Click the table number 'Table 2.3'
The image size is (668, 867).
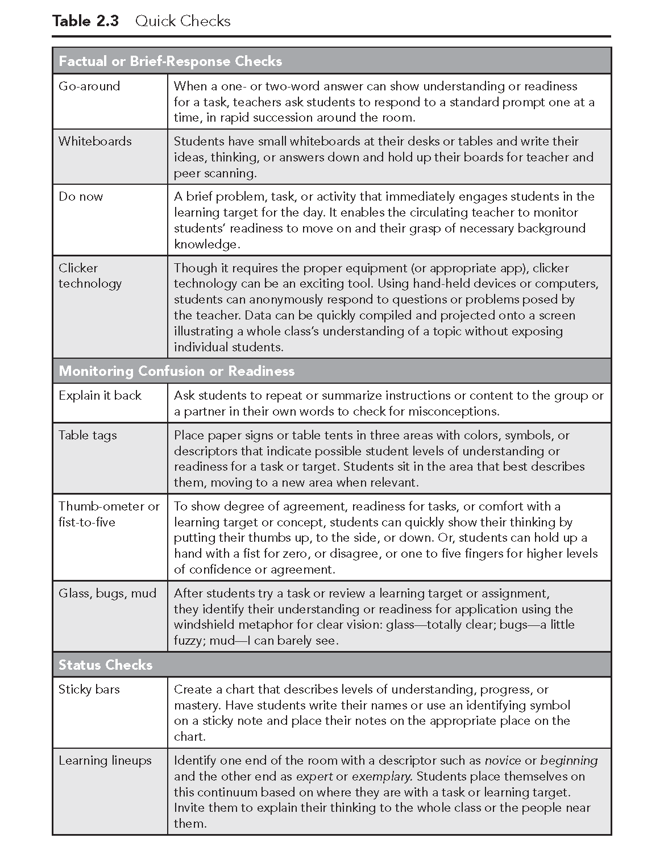(85, 21)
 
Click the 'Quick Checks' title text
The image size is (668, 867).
(183, 21)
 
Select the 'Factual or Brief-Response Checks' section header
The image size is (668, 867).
(171, 61)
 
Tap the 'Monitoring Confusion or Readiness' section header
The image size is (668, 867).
(177, 371)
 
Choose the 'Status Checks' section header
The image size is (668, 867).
(106, 665)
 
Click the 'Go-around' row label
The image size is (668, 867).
(89, 86)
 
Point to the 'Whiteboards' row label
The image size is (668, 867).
(95, 142)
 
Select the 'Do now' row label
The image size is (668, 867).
(81, 197)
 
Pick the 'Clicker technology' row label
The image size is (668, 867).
(90, 276)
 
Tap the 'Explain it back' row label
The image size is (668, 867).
(100, 396)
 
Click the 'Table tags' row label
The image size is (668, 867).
(88, 435)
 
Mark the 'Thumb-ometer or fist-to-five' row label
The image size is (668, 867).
(109, 514)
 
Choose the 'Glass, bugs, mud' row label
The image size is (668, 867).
(107, 594)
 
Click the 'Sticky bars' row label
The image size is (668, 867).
(89, 690)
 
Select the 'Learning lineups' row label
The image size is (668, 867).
(105, 761)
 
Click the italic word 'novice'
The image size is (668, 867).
(503, 761)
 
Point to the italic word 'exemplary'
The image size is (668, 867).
(381, 777)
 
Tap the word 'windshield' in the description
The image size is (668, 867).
(202, 625)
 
